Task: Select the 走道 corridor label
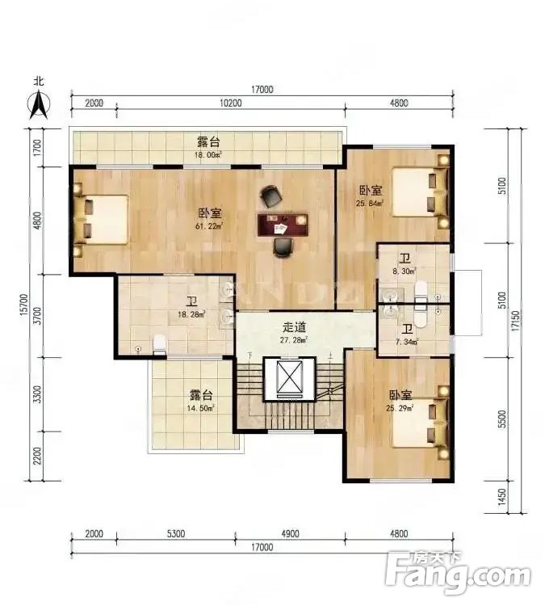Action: point(294,327)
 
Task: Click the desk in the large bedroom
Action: point(283,223)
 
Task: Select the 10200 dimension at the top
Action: point(230,103)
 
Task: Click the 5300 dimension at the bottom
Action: point(175,533)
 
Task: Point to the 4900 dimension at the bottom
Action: point(290,533)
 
